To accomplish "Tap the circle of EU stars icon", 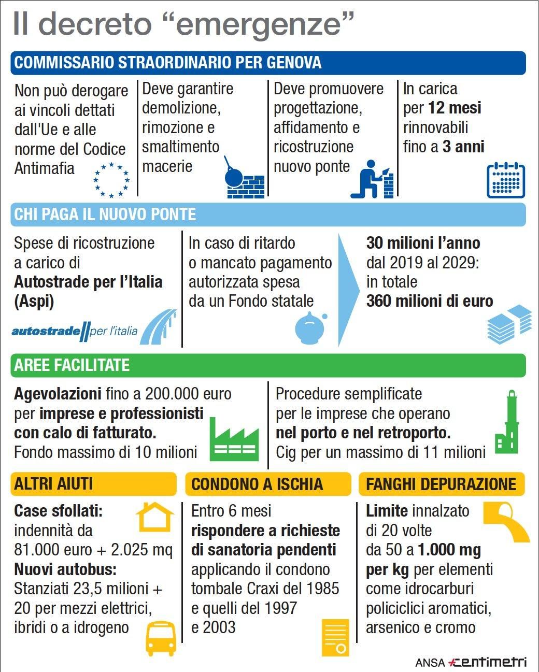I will (111, 180).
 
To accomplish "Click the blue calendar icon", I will (506, 180).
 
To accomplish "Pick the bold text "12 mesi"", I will (455, 108).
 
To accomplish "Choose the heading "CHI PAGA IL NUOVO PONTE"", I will (105, 215).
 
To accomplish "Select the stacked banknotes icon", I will (509, 324).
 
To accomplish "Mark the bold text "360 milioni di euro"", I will (430, 301).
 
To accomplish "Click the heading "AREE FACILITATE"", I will (72, 365).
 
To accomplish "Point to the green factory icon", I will (234, 439).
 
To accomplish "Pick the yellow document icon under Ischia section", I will (335, 638).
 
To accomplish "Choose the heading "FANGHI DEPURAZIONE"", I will (441, 484).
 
